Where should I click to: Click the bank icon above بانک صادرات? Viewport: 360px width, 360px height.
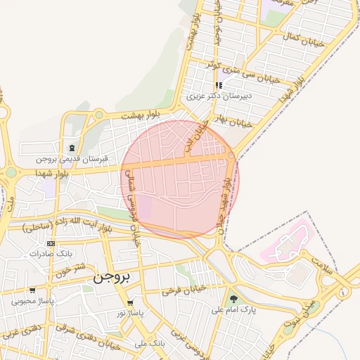pyautogui.click(x=51, y=243)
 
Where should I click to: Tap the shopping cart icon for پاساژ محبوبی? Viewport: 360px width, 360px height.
pyautogui.click(x=32, y=290)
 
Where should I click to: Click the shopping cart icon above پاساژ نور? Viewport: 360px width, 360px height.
pyautogui.click(x=130, y=303)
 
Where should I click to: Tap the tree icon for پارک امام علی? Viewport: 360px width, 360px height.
pyautogui.click(x=233, y=299)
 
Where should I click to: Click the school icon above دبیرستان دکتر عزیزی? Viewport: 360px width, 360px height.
pyautogui.click(x=219, y=85)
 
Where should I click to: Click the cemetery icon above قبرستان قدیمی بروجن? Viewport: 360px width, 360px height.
pyautogui.click(x=72, y=148)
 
